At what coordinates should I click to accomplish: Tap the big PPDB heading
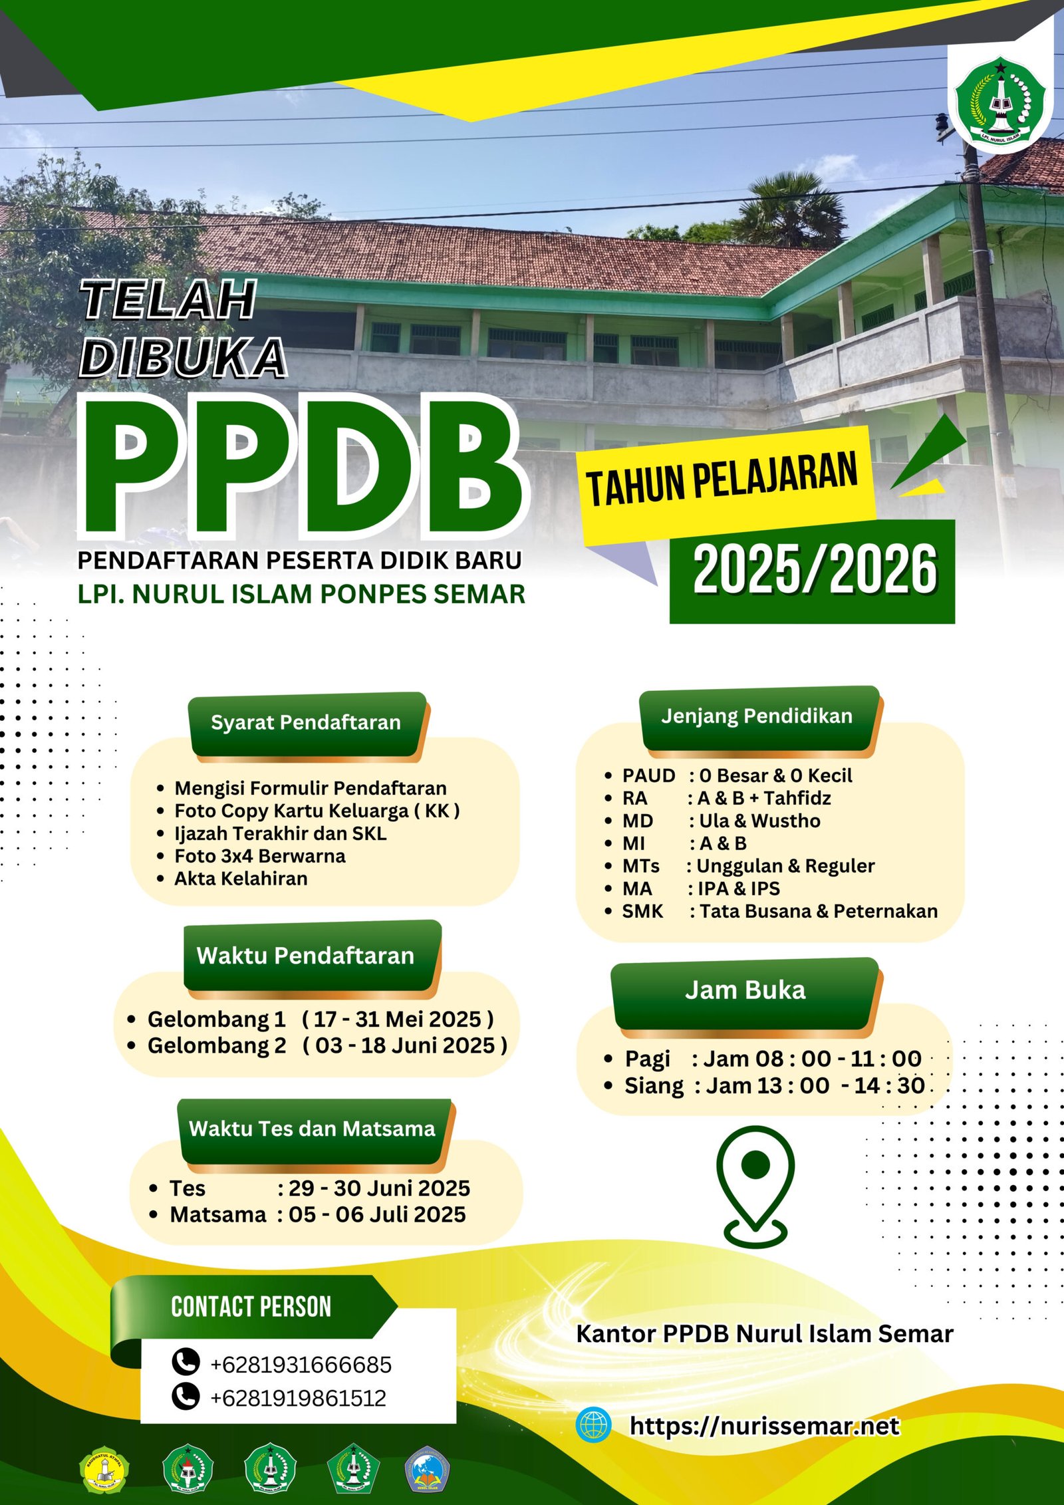(303, 468)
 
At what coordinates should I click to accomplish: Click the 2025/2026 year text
(815, 569)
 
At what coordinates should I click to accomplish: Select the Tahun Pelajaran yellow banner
(728, 483)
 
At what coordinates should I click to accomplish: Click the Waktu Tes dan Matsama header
(313, 1131)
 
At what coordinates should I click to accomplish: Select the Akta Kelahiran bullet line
(233, 879)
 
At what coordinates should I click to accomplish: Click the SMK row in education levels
(771, 911)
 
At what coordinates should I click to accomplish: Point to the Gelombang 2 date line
(317, 1045)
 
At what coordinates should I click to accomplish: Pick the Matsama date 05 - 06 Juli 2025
(377, 1214)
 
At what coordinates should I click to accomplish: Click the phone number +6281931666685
(301, 1365)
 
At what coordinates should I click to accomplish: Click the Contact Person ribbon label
(251, 1307)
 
